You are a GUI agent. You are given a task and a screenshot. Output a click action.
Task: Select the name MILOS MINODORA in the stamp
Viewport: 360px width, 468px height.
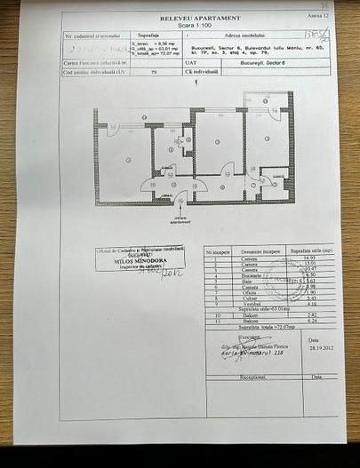pyautogui.click(x=140, y=263)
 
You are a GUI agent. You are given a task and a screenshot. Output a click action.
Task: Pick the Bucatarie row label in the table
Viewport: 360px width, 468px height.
pyautogui.click(x=248, y=276)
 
